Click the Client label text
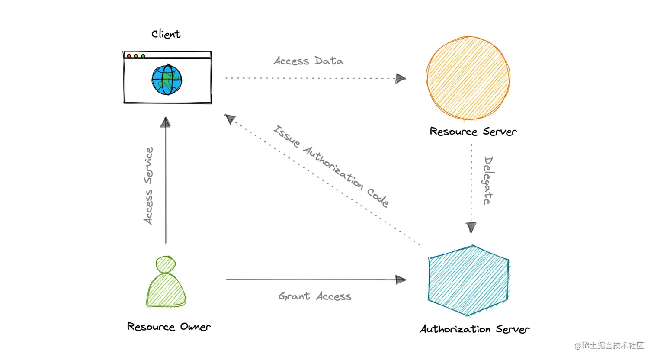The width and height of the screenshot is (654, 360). click(x=166, y=34)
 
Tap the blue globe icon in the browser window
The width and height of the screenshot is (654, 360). click(x=167, y=80)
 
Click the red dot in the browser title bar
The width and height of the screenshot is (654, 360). click(x=129, y=56)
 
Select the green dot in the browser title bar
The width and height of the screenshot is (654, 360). click(x=143, y=56)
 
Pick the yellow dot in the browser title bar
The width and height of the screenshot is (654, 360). click(x=136, y=56)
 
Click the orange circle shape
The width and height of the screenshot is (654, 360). click(x=468, y=78)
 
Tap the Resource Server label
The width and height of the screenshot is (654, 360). click(x=473, y=132)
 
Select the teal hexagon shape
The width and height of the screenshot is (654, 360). click(x=468, y=280)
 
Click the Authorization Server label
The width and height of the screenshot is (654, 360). click(x=474, y=329)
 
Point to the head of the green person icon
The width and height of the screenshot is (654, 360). click(x=166, y=264)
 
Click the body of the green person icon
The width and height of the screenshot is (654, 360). click(x=166, y=291)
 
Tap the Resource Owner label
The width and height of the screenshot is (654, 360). click(x=169, y=327)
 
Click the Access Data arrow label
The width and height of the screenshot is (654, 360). click(x=308, y=61)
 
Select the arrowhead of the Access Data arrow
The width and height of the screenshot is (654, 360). click(x=400, y=79)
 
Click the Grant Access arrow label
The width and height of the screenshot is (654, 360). click(x=314, y=296)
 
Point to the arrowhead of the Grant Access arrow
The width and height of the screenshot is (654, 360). click(x=401, y=280)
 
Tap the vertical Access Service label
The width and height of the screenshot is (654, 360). click(x=148, y=186)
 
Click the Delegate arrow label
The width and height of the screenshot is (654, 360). click(x=488, y=180)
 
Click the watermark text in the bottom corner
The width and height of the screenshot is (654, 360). click(x=609, y=345)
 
